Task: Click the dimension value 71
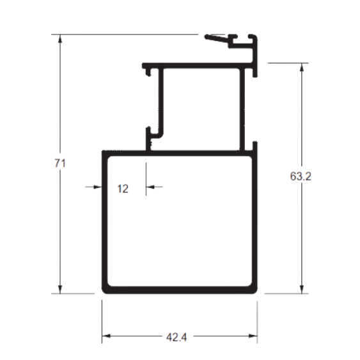60,163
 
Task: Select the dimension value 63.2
301,176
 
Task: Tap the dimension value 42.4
176,337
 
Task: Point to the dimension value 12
123,189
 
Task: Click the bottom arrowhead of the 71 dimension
60,289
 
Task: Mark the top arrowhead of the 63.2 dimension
302,67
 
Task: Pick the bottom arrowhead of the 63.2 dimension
302,289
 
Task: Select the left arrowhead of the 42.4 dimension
106,336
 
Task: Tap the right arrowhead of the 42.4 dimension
253,336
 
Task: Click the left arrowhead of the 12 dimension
98,187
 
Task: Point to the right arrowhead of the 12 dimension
150,187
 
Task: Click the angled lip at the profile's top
217,38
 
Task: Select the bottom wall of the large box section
180,290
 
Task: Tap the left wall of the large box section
105,222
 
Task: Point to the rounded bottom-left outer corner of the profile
104,292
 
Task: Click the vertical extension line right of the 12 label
146,179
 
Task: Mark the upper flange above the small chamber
198,66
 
